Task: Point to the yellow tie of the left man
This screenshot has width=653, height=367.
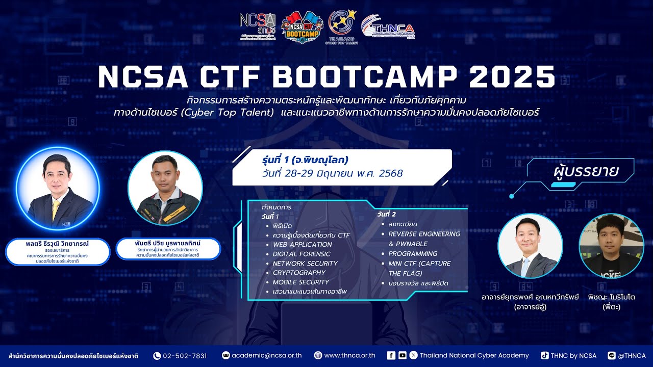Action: tap(56, 209)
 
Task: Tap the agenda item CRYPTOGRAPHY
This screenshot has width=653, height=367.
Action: tap(299, 273)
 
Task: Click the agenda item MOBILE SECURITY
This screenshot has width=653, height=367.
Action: tap(300, 282)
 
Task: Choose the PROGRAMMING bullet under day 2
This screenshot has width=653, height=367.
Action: tap(412, 253)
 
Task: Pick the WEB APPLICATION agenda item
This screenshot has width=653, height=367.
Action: tap(302, 244)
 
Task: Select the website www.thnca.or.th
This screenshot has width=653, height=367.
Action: tap(349, 356)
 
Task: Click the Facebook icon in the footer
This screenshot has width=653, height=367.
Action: tap(391, 356)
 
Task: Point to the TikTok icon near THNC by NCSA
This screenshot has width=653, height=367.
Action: tap(545, 356)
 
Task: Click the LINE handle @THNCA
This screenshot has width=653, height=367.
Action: tap(632, 356)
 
